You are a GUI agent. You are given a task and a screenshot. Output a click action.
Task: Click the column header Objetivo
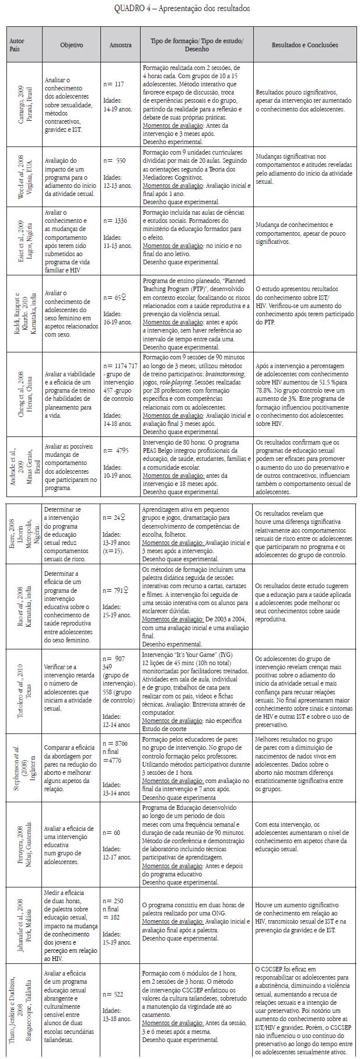[72, 45]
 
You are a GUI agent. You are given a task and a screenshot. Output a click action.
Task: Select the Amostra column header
[120, 45]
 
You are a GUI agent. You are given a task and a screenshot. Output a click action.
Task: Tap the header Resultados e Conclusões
[304, 45]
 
